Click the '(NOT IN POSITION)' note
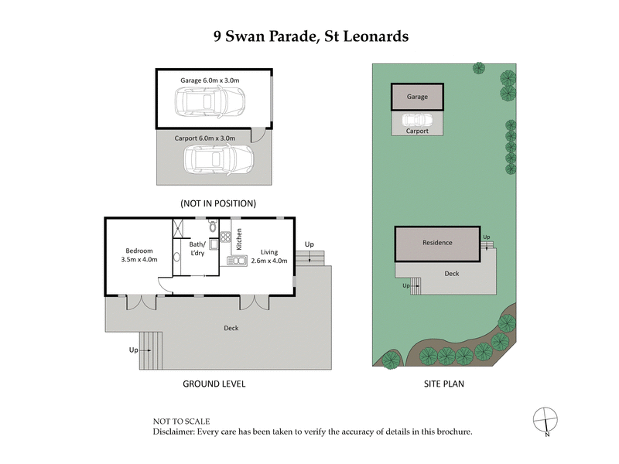tap(217, 203)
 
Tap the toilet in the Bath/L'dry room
tap(213, 227)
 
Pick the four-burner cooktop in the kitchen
tap(226, 238)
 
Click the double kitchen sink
tap(236, 261)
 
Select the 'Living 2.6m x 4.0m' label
tap(268, 256)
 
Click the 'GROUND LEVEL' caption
tap(214, 384)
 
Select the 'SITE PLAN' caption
tap(444, 384)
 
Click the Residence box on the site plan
tap(437, 243)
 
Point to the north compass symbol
tap(545, 419)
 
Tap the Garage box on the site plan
tap(418, 97)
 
